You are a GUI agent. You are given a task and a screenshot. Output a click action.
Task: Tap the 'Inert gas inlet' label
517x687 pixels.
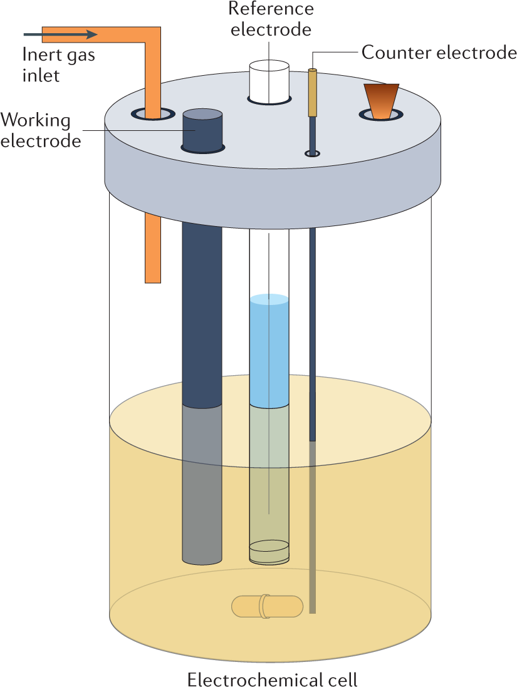(x=58, y=65)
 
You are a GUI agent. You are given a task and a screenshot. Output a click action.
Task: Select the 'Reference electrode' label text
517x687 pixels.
(x=270, y=19)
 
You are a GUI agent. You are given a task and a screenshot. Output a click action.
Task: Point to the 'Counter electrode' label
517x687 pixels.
(x=439, y=53)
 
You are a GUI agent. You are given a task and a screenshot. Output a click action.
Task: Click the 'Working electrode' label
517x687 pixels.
(x=40, y=130)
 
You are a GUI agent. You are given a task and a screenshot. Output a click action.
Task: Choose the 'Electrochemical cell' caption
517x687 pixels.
(x=272, y=679)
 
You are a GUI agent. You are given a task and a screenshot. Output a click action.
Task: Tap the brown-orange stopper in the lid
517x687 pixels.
(x=381, y=100)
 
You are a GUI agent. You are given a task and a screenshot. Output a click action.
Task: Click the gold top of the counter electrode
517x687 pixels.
(x=312, y=92)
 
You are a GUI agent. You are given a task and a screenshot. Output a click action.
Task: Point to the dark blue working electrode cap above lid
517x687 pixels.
(x=202, y=129)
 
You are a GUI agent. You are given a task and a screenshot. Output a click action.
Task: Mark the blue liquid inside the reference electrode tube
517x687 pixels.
(x=269, y=351)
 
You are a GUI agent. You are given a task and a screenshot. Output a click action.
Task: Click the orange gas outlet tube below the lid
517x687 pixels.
(x=152, y=248)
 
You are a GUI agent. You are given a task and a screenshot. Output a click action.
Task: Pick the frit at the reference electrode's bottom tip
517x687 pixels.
(x=269, y=551)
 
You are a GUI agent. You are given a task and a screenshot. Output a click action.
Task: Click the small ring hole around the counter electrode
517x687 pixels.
(x=312, y=153)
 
